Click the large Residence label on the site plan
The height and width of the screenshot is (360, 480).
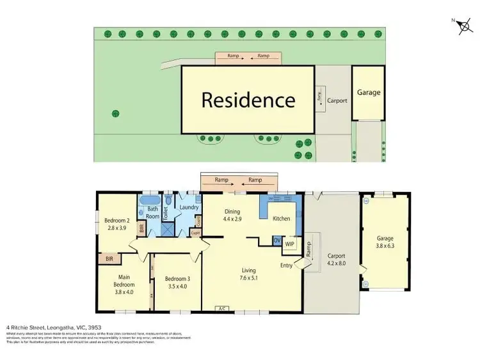click(x=248, y=100)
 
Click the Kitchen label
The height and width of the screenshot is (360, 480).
click(x=281, y=219)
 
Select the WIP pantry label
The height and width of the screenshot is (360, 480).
click(x=289, y=244)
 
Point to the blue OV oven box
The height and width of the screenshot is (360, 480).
click(x=277, y=240)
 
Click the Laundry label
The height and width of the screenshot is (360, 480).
click(x=189, y=207)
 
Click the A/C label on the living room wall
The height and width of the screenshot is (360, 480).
click(x=223, y=308)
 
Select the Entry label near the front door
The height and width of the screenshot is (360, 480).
click(x=287, y=265)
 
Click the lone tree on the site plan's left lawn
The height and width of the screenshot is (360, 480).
click(x=116, y=113)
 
